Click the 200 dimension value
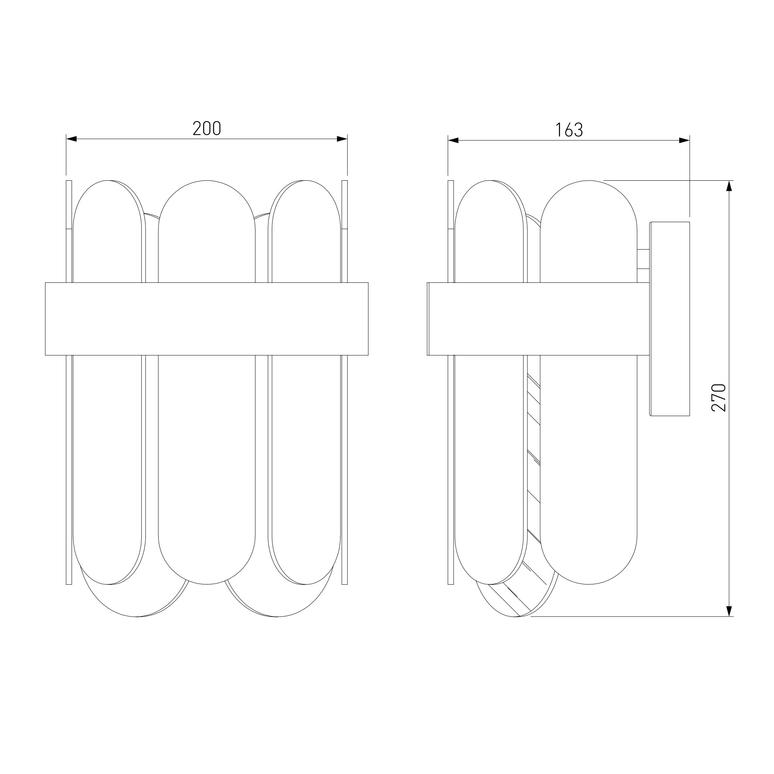[x=207, y=128]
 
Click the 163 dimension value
[x=569, y=130]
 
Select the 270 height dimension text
[x=719, y=398]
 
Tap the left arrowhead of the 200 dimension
[x=71, y=139]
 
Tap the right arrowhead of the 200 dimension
[x=342, y=139]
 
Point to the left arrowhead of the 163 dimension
[x=453, y=140]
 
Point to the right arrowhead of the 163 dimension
[x=684, y=140]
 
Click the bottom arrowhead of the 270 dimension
[x=729, y=611]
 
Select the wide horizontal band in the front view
[x=207, y=319]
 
